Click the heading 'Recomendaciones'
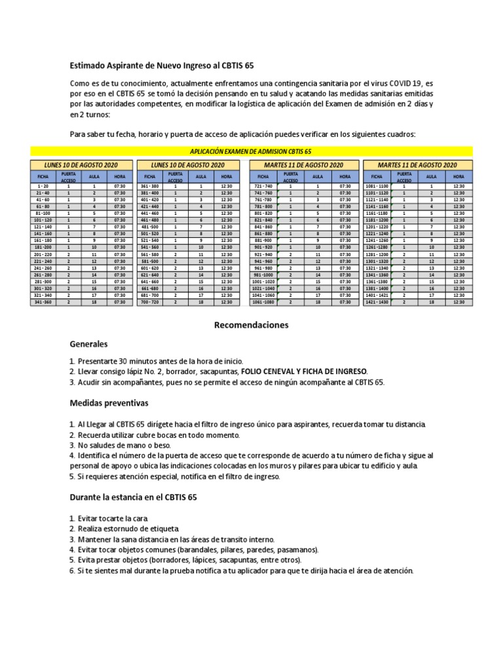click(251, 325)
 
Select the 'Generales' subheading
click(89, 344)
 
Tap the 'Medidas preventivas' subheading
click(109, 402)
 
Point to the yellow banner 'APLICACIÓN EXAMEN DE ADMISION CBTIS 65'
click(251, 151)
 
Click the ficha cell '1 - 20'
click(43, 187)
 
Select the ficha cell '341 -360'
click(43, 303)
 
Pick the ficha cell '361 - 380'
click(150, 187)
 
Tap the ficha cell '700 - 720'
click(150, 303)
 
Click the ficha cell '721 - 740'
click(263, 187)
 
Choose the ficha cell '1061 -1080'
click(263, 303)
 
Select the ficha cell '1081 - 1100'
click(377, 187)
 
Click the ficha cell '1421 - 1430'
click(377, 303)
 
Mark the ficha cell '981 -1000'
click(263, 275)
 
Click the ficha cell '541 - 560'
click(150, 248)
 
